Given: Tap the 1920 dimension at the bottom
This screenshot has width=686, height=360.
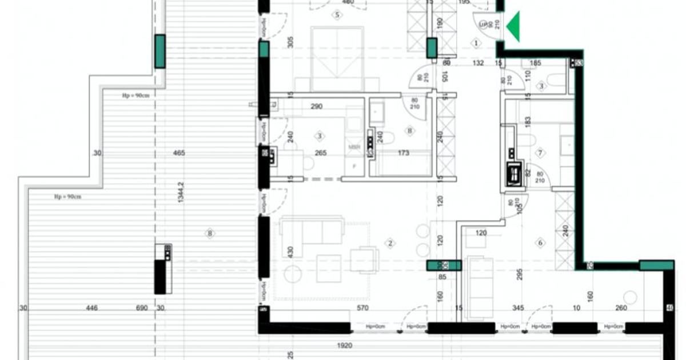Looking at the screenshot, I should pyautogui.click(x=344, y=346).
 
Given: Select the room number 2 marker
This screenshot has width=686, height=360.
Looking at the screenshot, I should pyautogui.click(x=390, y=244).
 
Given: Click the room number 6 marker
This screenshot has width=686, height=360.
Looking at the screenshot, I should pyautogui.click(x=541, y=243).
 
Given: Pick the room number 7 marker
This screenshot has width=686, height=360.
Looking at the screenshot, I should pyautogui.click(x=539, y=153).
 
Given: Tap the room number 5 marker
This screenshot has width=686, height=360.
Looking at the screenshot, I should pyautogui.click(x=337, y=15).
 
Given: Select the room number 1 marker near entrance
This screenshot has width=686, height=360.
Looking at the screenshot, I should pyautogui.click(x=476, y=43).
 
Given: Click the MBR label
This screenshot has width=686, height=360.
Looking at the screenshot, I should pyautogui.click(x=354, y=147).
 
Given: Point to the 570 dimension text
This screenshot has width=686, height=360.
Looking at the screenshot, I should pyautogui.click(x=362, y=308).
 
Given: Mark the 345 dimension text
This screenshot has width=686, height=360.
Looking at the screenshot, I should pyautogui.click(x=518, y=308).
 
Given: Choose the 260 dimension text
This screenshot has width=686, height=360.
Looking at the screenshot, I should pyautogui.click(x=621, y=308).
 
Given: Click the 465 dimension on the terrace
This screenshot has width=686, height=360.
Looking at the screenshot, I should pyautogui.click(x=180, y=153).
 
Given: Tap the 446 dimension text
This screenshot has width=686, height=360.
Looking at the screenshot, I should pyautogui.click(x=91, y=308).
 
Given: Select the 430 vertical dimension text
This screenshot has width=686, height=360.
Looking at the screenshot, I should pyautogui.click(x=290, y=251).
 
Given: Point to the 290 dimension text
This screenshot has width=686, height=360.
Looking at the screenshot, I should pyautogui.click(x=316, y=106).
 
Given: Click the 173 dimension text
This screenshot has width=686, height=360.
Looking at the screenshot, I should pyautogui.click(x=404, y=153).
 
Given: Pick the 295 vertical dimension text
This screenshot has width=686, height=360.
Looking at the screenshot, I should pyautogui.click(x=519, y=274).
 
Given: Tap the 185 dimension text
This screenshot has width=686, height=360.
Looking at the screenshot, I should pyautogui.click(x=535, y=63).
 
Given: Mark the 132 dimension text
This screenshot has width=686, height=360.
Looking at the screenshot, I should pyautogui.click(x=478, y=63).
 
